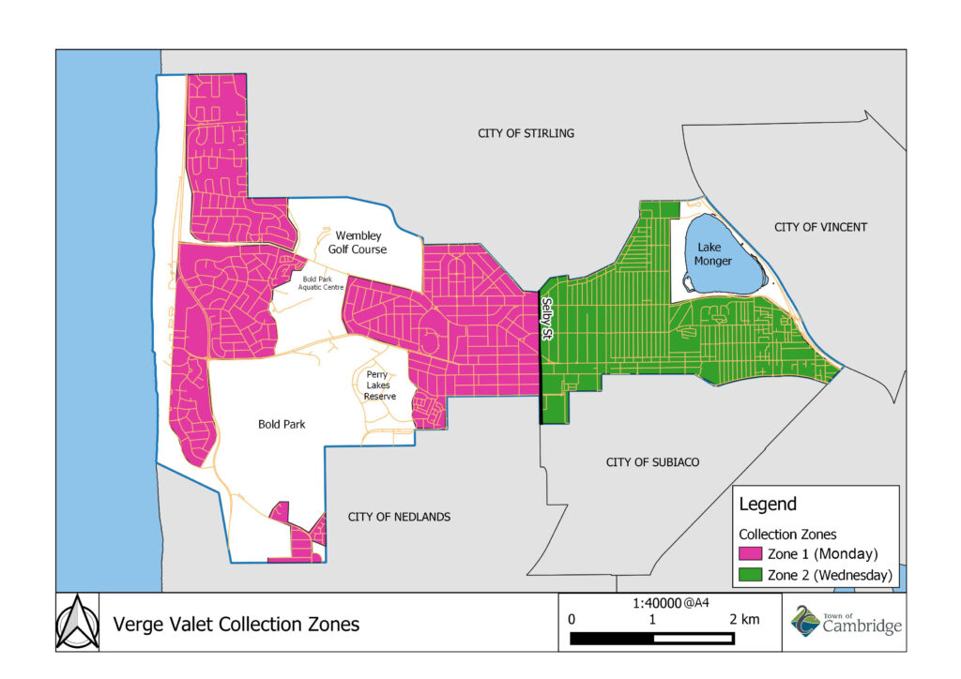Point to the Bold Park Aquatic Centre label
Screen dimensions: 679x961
[322, 283]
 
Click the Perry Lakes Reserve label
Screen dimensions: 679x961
[380, 385]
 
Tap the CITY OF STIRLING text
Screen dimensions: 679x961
[526, 134]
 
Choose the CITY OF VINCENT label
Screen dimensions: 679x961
[821, 227]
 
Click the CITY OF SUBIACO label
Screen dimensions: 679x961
[653, 462]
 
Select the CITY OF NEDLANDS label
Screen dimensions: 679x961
[399, 517]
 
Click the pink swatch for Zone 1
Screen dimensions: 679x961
[751, 553]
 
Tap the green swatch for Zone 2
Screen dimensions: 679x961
[751, 575]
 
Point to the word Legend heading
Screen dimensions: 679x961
[768, 505]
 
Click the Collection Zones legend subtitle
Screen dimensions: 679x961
[787, 534]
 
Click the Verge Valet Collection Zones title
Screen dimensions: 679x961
[236, 624]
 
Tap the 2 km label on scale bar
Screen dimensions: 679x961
[744, 620]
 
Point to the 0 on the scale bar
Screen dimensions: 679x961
[572, 620]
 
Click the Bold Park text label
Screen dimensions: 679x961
[282, 425]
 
